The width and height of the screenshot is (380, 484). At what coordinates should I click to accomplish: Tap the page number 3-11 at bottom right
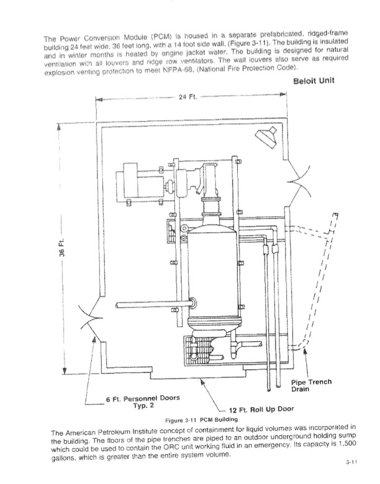coord(351,462)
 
